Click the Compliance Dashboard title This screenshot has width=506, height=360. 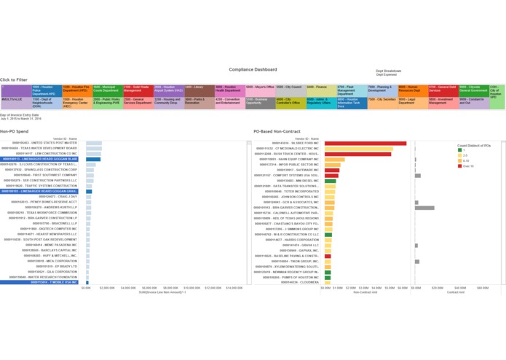pos(253,69)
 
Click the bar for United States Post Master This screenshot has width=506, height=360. pos(94,142)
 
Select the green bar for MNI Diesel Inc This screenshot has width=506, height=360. pos(330,180)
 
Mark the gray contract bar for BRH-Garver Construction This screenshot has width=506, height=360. pos(424,208)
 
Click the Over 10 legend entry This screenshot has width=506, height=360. pos(466,166)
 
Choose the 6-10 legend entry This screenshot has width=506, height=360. pos(465,160)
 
